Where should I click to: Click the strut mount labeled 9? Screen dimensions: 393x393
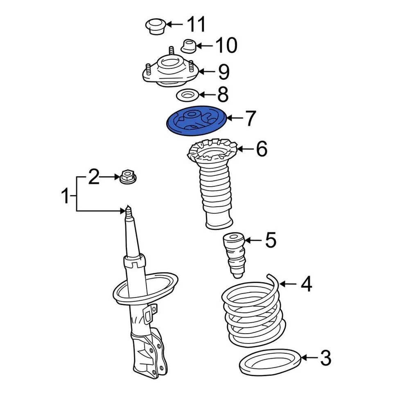tap(170, 72)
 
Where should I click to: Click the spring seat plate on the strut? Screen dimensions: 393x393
tap(145, 289)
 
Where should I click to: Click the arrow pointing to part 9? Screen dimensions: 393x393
tap(208, 72)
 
